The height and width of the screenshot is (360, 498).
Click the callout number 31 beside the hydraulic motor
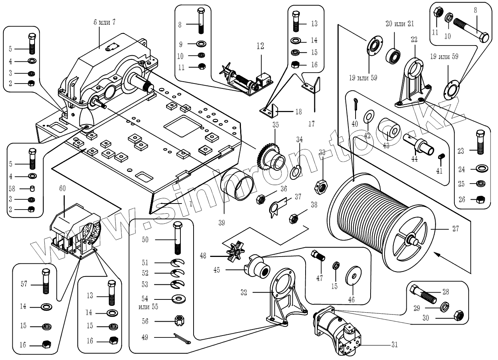tap(394, 344)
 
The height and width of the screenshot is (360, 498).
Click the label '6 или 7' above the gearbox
tap(104, 22)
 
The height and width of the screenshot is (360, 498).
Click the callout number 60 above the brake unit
tap(62, 188)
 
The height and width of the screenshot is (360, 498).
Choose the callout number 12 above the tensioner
tap(260, 46)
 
